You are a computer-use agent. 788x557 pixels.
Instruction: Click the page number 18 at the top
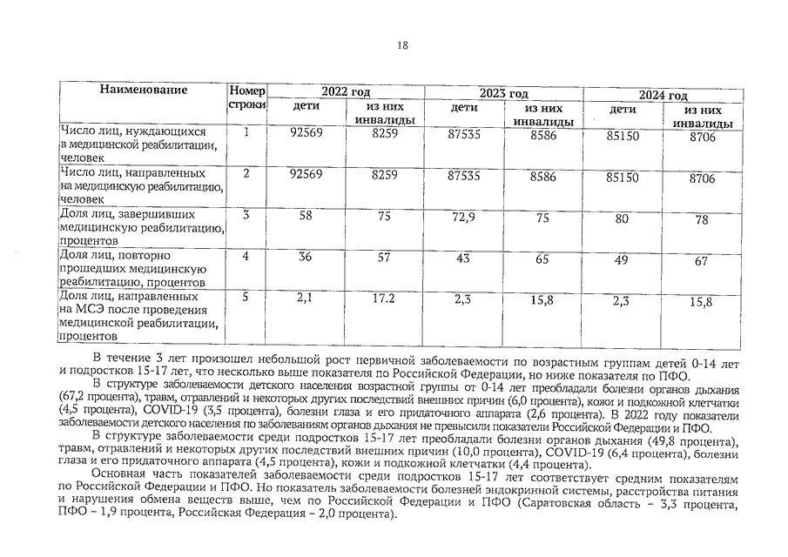[x=401, y=46]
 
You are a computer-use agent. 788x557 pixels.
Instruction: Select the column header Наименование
[x=143, y=90]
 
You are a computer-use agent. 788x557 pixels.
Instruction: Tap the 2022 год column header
[x=346, y=93]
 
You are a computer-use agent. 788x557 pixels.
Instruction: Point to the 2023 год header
[x=503, y=93]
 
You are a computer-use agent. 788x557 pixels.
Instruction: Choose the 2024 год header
[x=663, y=94]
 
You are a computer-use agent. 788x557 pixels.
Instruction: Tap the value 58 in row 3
[x=305, y=216]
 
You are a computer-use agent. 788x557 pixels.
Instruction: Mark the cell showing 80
[x=622, y=219]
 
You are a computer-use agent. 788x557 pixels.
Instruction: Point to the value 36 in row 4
[x=305, y=257]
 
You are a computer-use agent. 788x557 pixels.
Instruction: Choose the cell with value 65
[x=542, y=259]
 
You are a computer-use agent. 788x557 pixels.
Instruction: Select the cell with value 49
[x=622, y=260]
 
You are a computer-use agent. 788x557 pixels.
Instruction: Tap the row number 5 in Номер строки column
[x=246, y=298]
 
